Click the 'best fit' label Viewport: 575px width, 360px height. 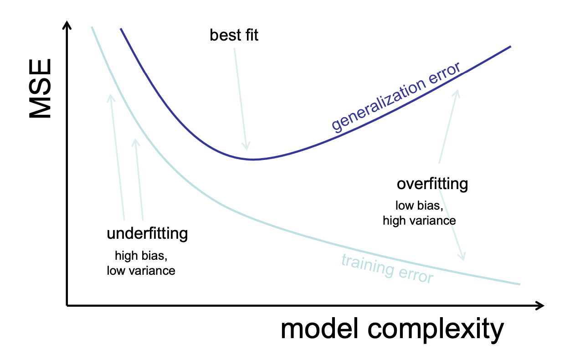234,35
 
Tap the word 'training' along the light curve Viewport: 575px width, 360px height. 365,266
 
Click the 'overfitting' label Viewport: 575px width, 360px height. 432,184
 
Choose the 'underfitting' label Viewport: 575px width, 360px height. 147,234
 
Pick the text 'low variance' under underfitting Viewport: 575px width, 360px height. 141,271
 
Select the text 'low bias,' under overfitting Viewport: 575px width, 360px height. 419,206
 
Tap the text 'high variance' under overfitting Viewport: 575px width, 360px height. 419,221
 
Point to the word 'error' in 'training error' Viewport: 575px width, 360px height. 413,275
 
